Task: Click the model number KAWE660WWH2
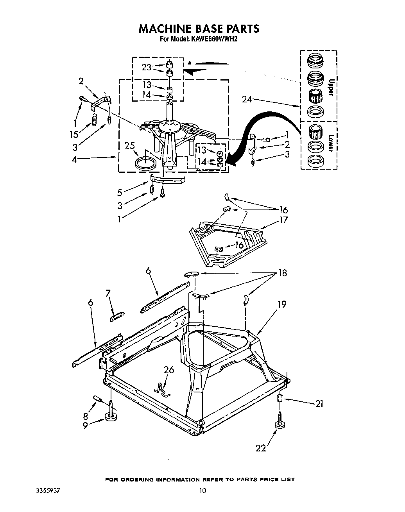click(x=214, y=39)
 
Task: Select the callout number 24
click(x=247, y=99)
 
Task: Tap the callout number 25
click(x=129, y=146)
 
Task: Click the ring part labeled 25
click(x=144, y=162)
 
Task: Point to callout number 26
click(x=169, y=370)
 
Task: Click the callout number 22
click(x=261, y=448)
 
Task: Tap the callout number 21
click(x=319, y=404)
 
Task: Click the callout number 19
click(x=281, y=304)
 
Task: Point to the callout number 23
click(x=147, y=67)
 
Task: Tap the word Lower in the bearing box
click(x=331, y=143)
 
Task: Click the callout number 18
click(x=282, y=273)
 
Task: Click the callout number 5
click(x=120, y=192)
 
